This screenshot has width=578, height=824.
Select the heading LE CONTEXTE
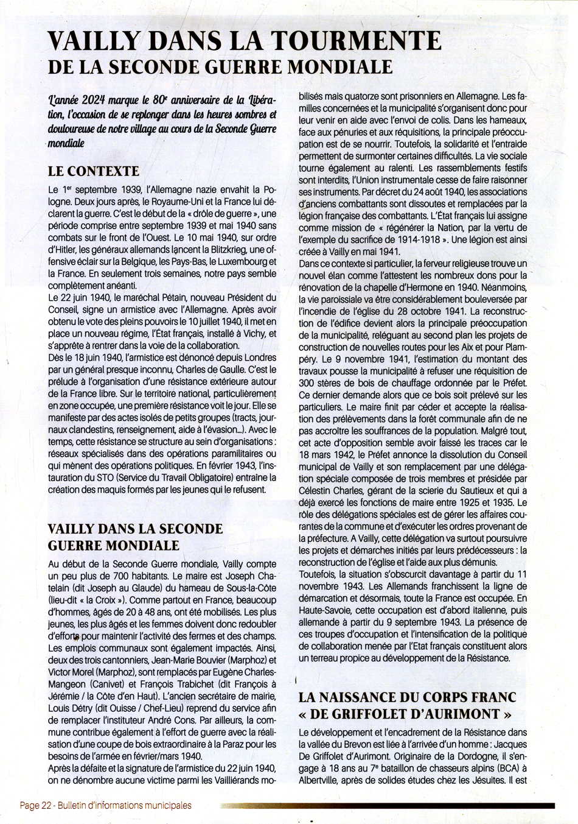tap(94, 171)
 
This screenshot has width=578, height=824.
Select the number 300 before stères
tap(308, 382)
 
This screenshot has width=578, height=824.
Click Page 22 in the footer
tap(37, 805)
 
